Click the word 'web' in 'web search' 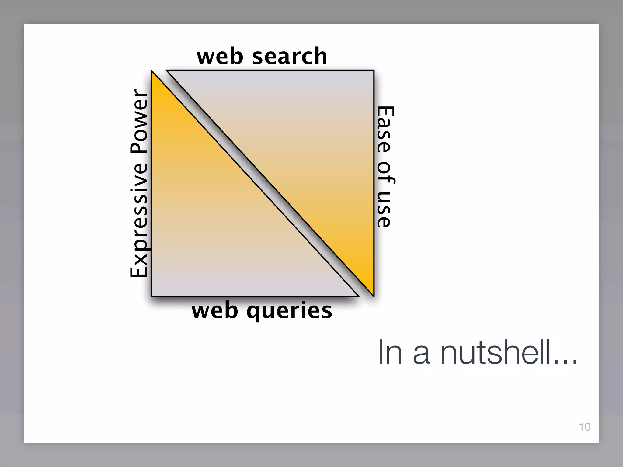pyautogui.click(x=220, y=57)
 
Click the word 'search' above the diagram pyautogui.click(x=290, y=57)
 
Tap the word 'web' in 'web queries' pyautogui.click(x=215, y=311)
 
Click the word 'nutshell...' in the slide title pyautogui.click(x=509, y=353)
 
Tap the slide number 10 pyautogui.click(x=585, y=427)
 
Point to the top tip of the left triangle pyautogui.click(x=152, y=72)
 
